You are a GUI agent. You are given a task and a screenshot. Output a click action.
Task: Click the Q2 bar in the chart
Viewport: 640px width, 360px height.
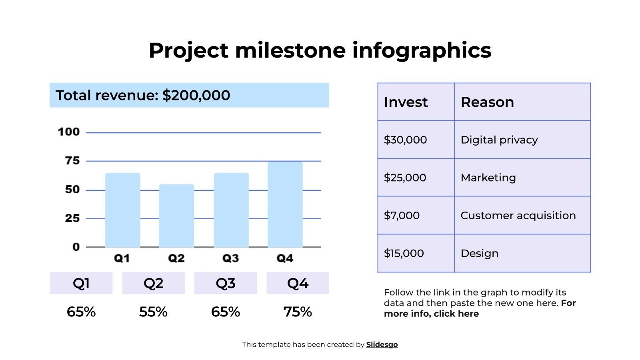(176, 216)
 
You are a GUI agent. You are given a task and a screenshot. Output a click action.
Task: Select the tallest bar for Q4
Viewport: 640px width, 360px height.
(285, 204)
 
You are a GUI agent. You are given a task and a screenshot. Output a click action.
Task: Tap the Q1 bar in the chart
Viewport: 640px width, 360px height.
(122, 210)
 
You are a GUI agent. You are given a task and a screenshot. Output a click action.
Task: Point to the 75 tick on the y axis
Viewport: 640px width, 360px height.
(72, 161)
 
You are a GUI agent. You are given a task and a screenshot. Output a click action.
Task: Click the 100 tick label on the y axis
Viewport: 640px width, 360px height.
(69, 132)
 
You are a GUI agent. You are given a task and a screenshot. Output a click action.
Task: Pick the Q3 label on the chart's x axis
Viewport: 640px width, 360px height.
(230, 258)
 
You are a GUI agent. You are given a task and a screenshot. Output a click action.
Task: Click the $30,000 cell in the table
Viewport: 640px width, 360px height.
(405, 140)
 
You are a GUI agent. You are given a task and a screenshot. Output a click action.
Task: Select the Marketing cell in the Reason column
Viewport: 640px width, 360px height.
(488, 178)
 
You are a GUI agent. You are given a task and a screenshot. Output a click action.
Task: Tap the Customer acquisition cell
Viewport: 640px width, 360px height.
(518, 216)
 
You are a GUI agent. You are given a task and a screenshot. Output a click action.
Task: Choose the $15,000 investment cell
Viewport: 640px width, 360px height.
(404, 253)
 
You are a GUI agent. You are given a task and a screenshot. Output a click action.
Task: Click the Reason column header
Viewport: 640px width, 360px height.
(487, 102)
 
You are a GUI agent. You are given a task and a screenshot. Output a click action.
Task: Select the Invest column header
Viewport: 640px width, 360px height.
(406, 102)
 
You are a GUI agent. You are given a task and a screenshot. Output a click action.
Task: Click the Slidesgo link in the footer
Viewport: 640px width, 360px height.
(382, 344)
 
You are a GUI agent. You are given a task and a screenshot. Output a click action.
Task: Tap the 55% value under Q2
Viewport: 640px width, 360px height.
(153, 312)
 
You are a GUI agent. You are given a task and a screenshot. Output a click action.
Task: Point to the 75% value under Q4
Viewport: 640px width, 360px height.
(298, 312)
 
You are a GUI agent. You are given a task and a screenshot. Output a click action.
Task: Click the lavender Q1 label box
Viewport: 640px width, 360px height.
(81, 283)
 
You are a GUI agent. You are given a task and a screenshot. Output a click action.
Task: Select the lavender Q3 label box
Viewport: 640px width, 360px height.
(226, 283)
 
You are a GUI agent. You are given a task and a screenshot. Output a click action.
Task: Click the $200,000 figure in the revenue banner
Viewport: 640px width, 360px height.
(196, 95)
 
